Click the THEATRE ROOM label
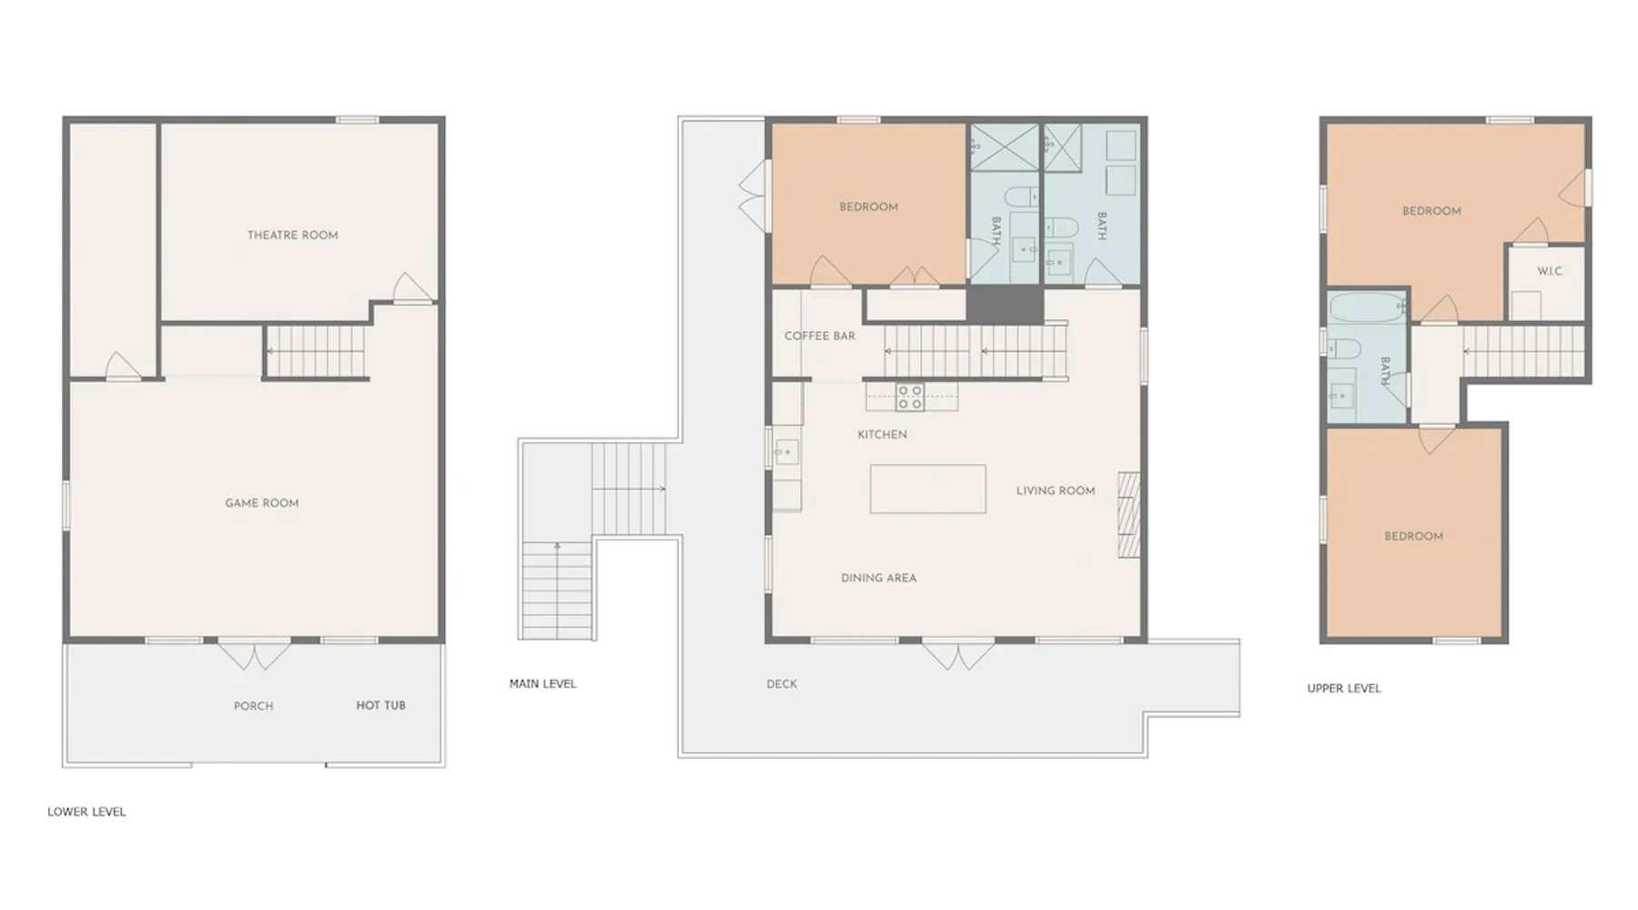[293, 235]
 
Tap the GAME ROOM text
[262, 503]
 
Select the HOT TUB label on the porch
[380, 705]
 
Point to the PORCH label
[254, 706]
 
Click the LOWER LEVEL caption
[87, 812]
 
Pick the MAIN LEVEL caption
[543, 683]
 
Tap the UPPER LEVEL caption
[1344, 688]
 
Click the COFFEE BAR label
[820, 336]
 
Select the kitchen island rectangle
[928, 489]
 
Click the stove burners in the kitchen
[910, 397]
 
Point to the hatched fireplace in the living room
[1129, 514]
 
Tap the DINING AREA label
[879, 578]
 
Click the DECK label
[782, 684]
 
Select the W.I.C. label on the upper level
[1550, 271]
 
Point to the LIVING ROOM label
[1056, 490]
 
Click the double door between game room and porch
[254, 655]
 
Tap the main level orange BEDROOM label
[869, 207]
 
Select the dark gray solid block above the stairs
[1005, 305]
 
